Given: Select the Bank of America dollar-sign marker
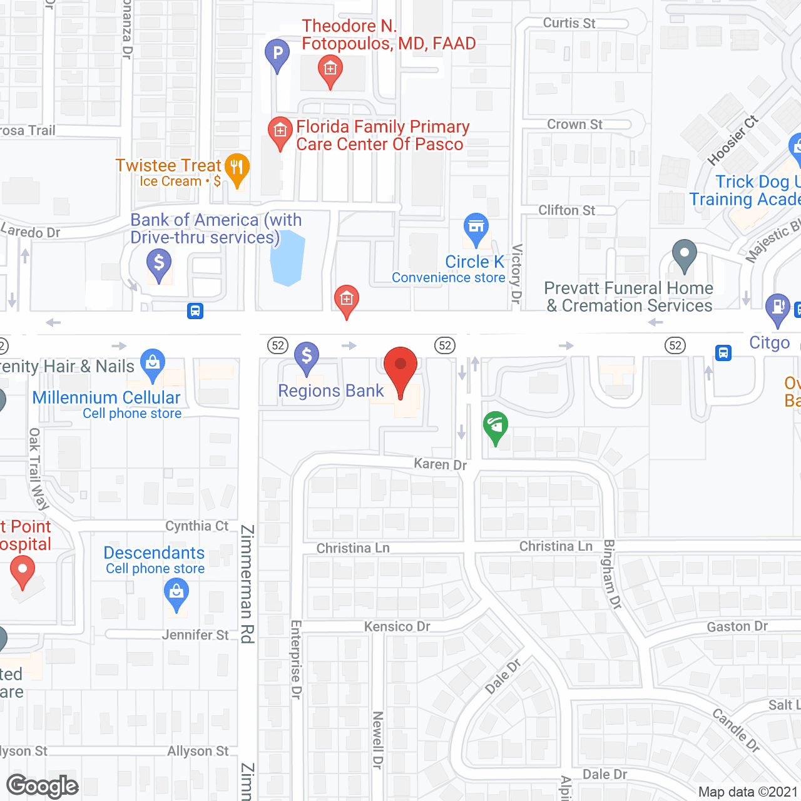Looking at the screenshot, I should click(x=159, y=264).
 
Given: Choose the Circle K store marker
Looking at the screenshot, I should click(x=476, y=228).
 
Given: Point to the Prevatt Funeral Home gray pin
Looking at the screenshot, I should click(x=684, y=255).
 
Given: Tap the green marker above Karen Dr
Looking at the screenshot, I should click(x=496, y=427).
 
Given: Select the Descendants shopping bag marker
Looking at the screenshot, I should click(x=176, y=593).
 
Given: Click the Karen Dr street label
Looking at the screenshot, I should click(x=441, y=464).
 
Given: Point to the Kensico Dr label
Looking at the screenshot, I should click(x=397, y=626).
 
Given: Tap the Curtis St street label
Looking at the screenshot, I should click(x=569, y=23).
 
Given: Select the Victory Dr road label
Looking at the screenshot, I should click(x=516, y=274).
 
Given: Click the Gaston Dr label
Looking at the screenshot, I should click(x=737, y=626).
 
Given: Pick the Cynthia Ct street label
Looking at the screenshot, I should click(x=197, y=526).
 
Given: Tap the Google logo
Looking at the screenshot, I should click(x=43, y=786).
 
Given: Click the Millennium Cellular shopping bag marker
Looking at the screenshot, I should click(x=153, y=364).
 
